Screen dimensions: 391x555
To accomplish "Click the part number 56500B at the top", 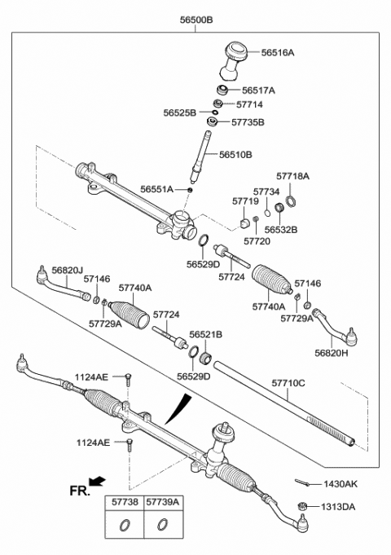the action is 196,20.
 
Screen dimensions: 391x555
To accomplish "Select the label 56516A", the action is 278,53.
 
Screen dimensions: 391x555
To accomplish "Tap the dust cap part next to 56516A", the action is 235,61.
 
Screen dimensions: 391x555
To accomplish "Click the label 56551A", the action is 156,189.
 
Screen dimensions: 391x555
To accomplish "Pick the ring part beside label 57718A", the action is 291,202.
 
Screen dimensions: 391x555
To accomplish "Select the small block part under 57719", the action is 245,223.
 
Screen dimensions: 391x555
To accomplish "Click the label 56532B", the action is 281,230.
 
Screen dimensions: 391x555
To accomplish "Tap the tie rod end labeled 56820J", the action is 63,283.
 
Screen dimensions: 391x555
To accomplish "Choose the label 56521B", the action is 205,334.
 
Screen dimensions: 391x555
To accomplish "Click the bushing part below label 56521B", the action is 205,359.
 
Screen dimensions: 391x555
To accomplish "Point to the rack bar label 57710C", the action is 288,383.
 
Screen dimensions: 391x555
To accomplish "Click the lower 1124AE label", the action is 94,443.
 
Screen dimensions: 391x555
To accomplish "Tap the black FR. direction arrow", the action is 97,481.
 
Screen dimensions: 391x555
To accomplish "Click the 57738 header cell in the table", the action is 125,502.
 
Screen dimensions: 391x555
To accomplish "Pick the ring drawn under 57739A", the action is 162,525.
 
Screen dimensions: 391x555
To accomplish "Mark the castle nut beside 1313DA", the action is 302,506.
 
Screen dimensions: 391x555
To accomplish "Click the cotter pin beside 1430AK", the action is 302,482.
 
